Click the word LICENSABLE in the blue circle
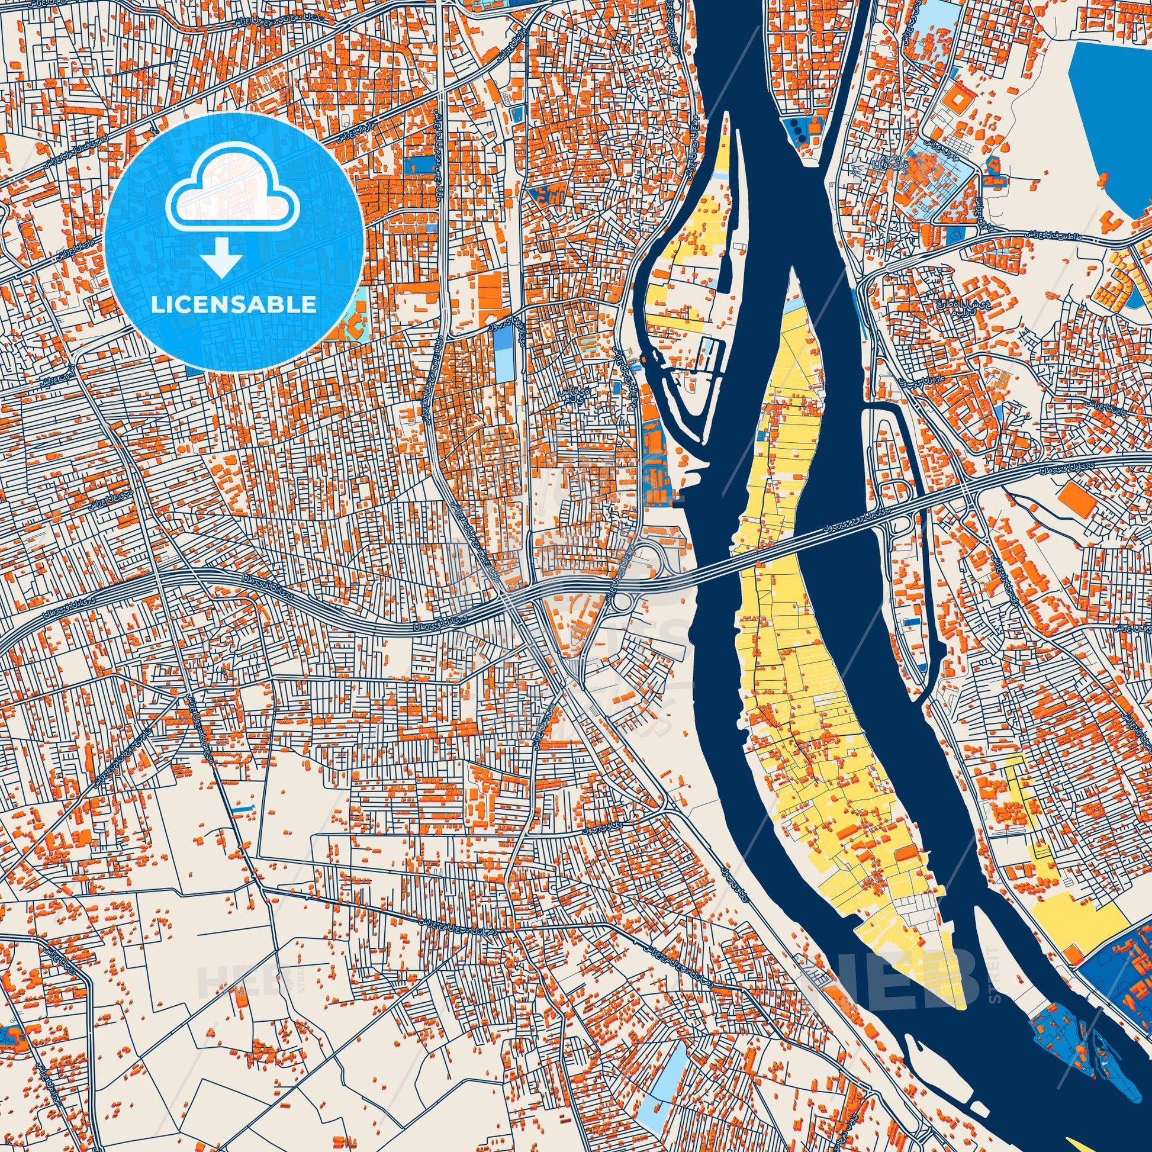(233, 305)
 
